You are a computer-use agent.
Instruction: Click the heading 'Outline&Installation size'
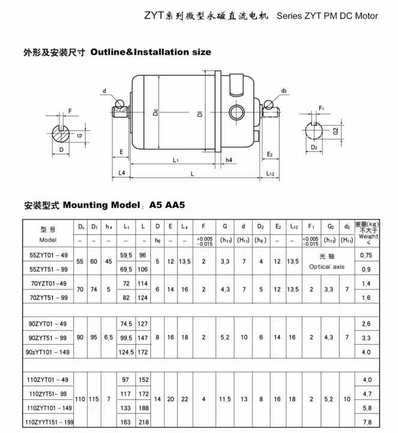click(150, 52)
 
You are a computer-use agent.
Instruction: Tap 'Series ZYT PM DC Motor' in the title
click(327, 16)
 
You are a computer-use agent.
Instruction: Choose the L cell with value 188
click(144, 408)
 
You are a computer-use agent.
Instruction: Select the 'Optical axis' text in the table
click(328, 266)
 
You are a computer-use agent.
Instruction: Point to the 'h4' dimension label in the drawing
click(229, 160)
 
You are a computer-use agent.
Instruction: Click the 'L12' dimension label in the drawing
click(270, 174)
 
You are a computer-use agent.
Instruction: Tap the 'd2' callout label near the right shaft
click(283, 91)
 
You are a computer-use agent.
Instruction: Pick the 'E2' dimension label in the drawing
click(270, 154)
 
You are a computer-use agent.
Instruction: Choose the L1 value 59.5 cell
click(126, 255)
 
